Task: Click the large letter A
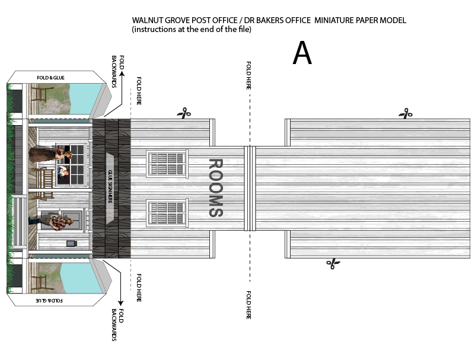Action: tap(302, 54)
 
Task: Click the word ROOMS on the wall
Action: tap(215, 188)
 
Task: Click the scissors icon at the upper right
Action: tap(406, 112)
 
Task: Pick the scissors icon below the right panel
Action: tap(333, 263)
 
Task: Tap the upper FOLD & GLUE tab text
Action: tap(50, 78)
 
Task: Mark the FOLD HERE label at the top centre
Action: tap(248, 76)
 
